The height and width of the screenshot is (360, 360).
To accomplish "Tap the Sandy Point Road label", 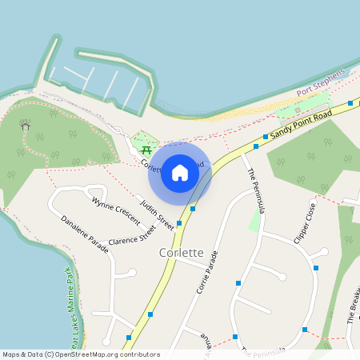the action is (300, 123).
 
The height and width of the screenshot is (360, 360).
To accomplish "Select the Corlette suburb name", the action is (181, 252).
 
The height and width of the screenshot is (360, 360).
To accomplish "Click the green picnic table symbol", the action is (146, 150).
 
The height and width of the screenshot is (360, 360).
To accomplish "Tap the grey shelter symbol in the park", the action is (25, 126).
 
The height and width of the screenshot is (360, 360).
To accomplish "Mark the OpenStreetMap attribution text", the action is (81, 354).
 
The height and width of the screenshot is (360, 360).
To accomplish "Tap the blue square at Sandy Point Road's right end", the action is (350, 103).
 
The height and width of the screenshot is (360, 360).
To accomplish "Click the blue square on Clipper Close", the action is (316, 267).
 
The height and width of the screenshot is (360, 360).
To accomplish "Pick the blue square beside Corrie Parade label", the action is (238, 283).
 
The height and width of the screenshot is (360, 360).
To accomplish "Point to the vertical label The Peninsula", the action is (254, 192).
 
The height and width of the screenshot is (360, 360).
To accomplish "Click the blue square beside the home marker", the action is (193, 208).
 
